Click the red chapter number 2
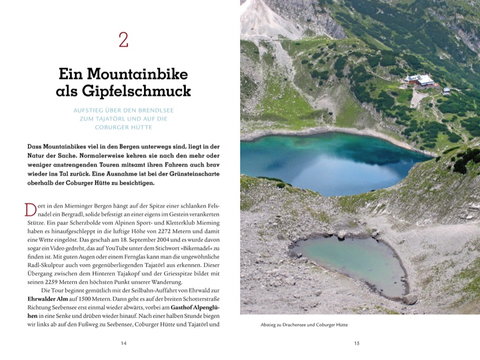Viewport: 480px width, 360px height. coord(123,40)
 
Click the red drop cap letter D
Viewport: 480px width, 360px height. coord(31,209)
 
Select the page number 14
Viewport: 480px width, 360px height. coord(123,343)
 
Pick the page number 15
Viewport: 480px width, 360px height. coord(357,343)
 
